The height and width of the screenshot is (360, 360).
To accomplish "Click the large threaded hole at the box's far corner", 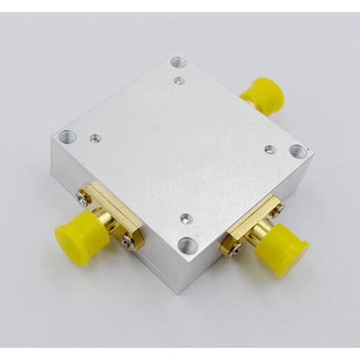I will pos(177,62).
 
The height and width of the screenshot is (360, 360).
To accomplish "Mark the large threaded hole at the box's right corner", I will pos(296,150).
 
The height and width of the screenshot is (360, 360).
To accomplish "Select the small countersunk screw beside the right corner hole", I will pos(270,149).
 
